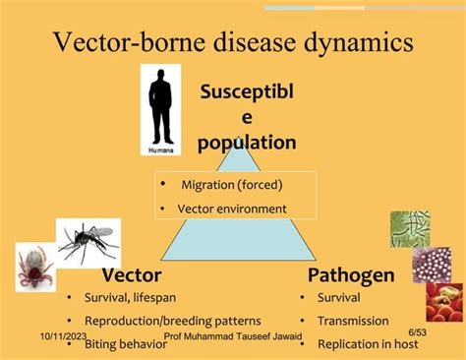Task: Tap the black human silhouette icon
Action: (159, 108)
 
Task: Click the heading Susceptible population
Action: (246, 118)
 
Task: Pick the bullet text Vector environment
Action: (232, 209)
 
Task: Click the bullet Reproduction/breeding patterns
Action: (172, 321)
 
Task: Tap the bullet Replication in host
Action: (368, 344)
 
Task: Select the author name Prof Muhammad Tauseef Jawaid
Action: (234, 336)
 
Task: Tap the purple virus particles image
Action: (432, 265)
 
